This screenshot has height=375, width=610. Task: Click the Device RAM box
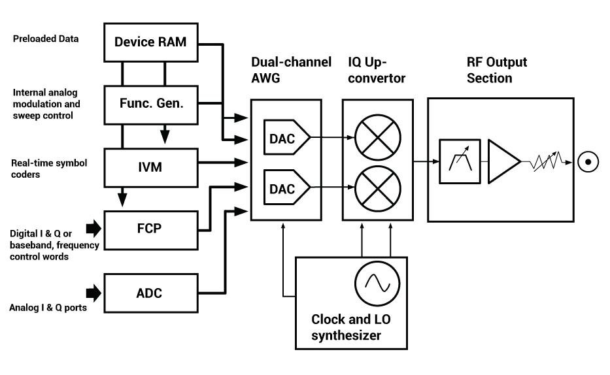(150, 42)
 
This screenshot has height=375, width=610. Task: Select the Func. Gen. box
(150, 104)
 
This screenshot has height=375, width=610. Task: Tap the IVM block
(150, 167)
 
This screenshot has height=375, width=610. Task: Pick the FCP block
(150, 229)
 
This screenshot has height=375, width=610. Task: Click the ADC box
(150, 293)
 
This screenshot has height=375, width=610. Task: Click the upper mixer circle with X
(377, 138)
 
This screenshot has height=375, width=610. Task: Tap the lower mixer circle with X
(377, 188)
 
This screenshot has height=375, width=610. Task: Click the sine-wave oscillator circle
(377, 282)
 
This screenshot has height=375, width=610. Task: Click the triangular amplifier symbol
(503, 160)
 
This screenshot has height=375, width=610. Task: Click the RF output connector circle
(588, 161)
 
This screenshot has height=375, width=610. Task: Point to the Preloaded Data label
(46, 39)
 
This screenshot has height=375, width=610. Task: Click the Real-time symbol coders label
(49, 168)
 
